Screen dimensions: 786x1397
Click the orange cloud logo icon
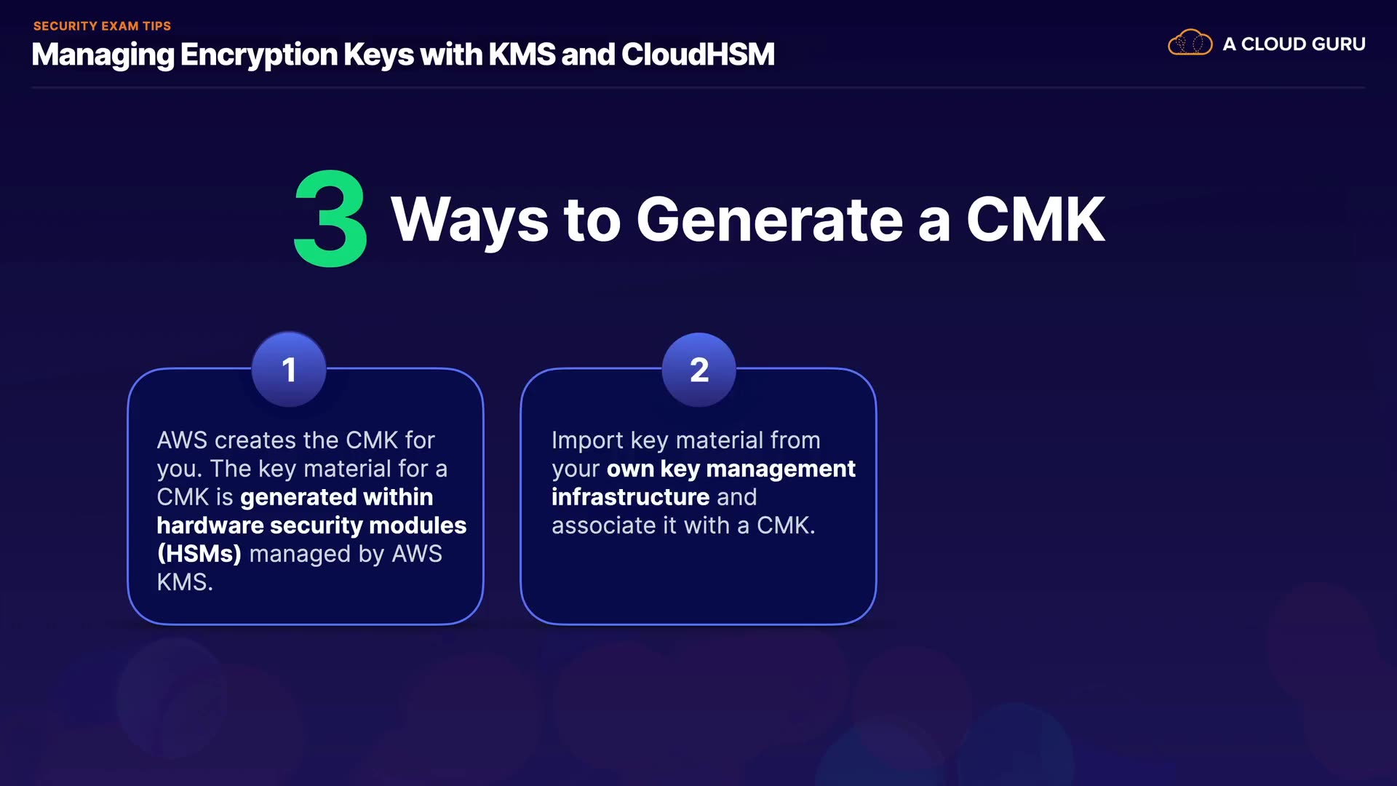click(1190, 43)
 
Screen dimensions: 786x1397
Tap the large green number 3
click(330, 219)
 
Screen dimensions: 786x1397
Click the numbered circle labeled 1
click(289, 370)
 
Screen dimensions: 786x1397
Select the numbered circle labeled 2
click(698, 370)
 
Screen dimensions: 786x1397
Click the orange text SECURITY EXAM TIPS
click(102, 26)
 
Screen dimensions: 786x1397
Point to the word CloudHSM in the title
click(698, 55)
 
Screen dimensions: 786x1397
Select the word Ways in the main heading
click(469, 221)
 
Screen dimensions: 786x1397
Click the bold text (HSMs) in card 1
click(199, 554)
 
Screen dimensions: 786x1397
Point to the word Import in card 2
click(587, 440)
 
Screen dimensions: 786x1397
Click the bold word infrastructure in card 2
click(630, 497)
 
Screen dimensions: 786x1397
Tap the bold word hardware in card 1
click(210, 525)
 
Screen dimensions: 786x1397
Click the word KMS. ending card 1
click(185, 582)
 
